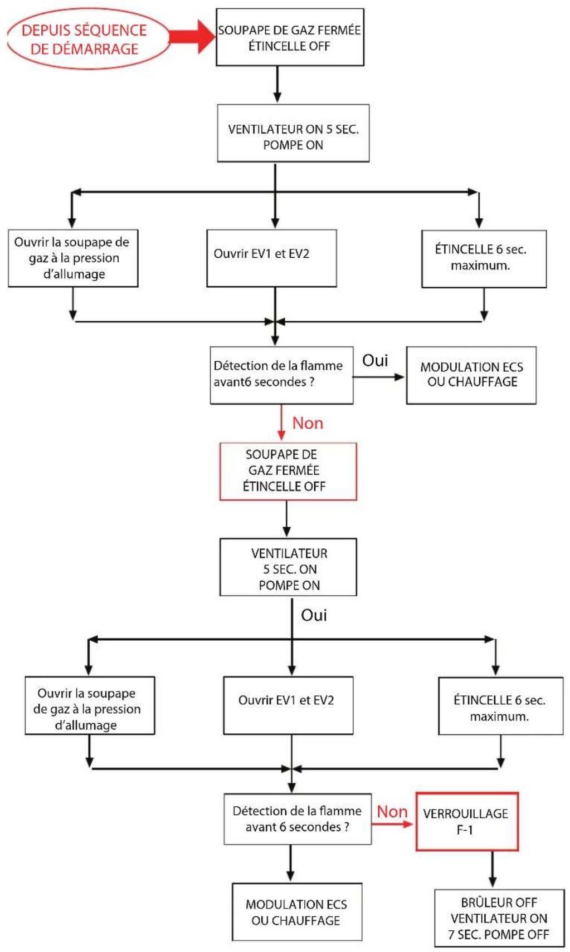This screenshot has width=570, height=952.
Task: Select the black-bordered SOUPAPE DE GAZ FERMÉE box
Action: (290, 37)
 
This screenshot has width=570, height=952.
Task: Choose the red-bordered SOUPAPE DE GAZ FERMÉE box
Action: (288, 471)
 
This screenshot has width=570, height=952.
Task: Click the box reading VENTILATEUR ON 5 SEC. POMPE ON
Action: (293, 134)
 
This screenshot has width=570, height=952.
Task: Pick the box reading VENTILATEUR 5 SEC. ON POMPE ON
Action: (288, 567)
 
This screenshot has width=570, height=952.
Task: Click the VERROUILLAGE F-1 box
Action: (467, 821)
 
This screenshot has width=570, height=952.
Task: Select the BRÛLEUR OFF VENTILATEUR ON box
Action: (499, 918)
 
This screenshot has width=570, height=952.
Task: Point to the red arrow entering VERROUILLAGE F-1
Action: (393, 824)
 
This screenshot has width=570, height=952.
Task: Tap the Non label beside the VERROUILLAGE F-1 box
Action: (392, 812)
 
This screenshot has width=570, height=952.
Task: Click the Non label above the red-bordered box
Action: (308, 423)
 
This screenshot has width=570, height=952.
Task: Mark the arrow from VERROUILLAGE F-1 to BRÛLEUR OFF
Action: (492, 868)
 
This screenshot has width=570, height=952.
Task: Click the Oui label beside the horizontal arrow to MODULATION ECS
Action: (375, 361)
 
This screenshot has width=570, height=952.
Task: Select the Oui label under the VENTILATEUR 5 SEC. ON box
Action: (314, 615)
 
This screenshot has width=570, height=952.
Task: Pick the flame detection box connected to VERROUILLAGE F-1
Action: (297, 819)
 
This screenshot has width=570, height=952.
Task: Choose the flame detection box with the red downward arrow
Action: (281, 375)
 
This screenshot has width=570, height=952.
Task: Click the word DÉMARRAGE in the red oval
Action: (84, 49)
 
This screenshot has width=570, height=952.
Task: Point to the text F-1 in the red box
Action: (465, 830)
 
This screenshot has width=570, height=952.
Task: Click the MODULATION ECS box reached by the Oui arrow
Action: (471, 375)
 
